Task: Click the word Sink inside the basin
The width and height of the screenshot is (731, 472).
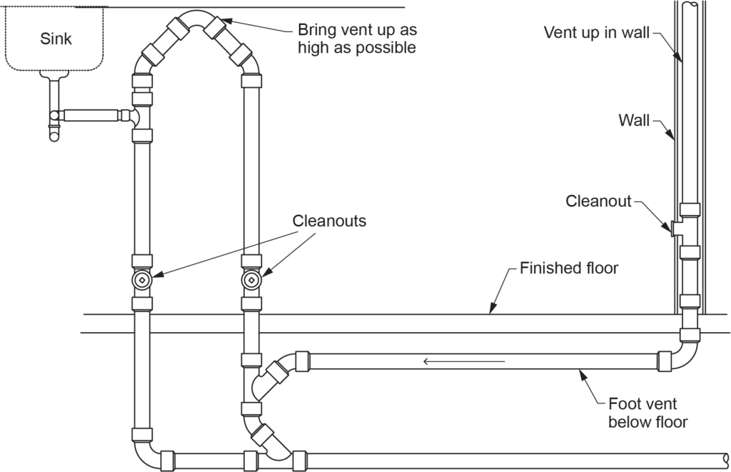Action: tap(56, 38)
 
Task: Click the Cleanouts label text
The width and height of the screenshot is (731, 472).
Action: tap(329, 221)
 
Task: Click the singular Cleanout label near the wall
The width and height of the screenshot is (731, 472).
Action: tap(598, 201)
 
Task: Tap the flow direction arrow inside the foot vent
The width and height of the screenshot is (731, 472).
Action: tap(464, 361)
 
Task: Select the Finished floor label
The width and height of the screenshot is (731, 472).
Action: tap(569, 269)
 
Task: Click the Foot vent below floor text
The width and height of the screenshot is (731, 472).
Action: tap(647, 413)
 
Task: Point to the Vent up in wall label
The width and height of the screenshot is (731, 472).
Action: tap(597, 33)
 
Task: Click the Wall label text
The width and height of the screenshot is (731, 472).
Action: tap(633, 120)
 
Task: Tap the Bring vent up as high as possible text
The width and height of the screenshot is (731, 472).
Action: tap(357, 40)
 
